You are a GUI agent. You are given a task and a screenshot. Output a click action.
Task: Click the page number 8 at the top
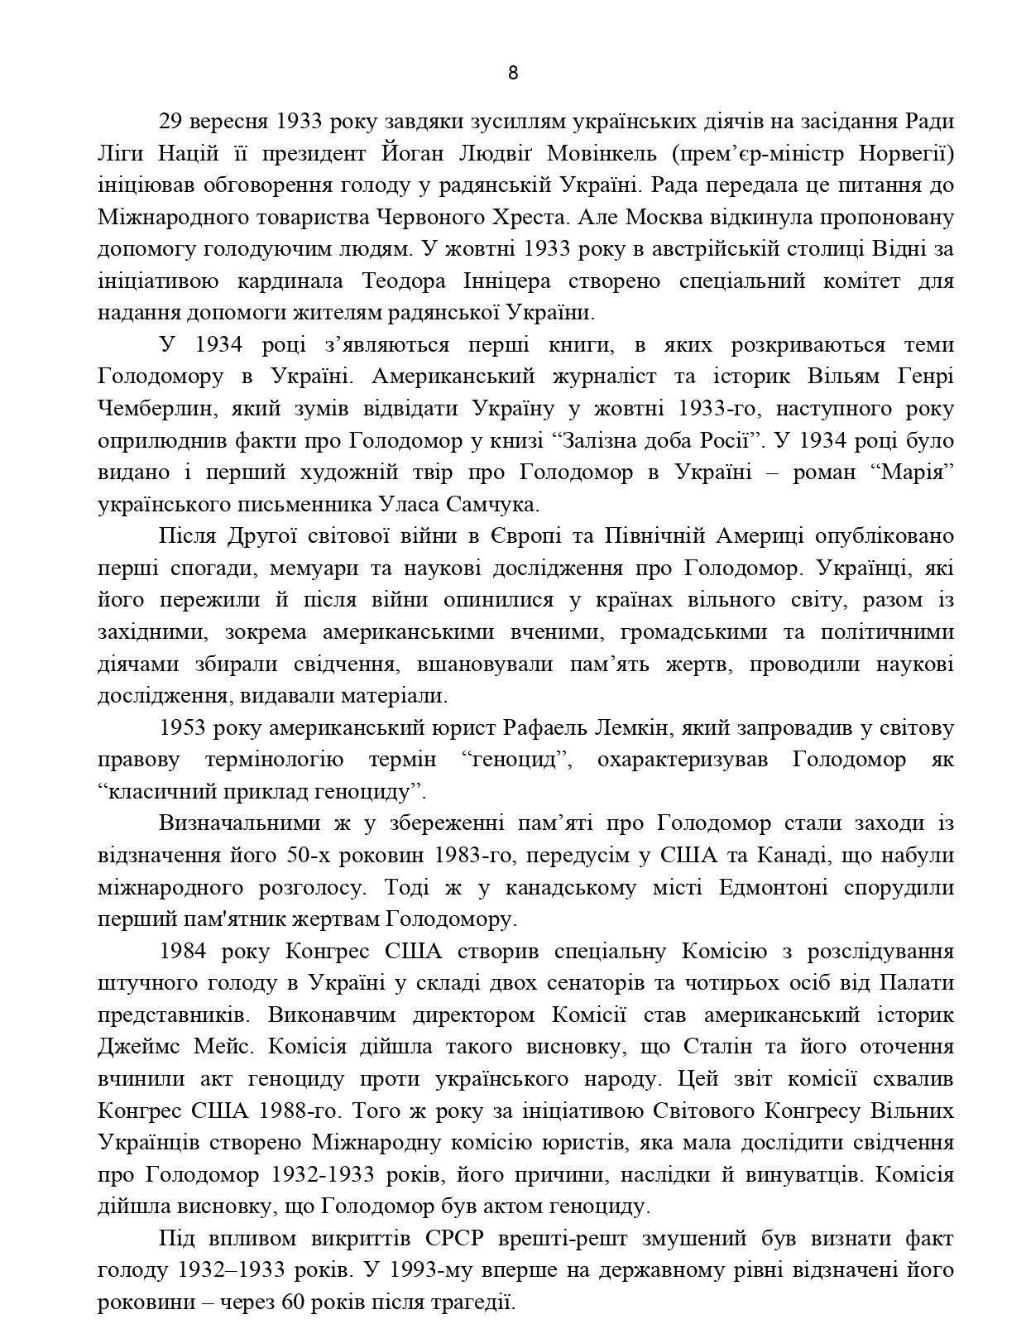click(512, 73)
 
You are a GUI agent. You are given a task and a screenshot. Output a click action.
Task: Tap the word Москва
click(650, 218)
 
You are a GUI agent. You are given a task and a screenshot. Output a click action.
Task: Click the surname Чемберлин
click(152, 409)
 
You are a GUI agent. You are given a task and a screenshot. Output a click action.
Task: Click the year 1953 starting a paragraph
click(182, 728)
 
